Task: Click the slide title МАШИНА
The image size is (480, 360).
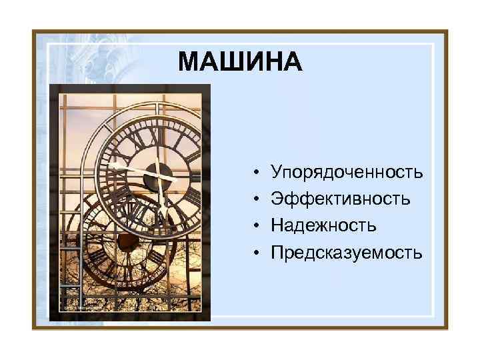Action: [x=240, y=63]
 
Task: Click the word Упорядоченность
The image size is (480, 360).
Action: [x=347, y=173]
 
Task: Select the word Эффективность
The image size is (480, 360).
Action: [x=341, y=199]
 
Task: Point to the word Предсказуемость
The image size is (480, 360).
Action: [x=347, y=253]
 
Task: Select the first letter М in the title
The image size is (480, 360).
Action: [x=187, y=63]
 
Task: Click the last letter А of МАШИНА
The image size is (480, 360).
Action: [x=293, y=63]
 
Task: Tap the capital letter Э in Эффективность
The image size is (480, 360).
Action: [x=277, y=199]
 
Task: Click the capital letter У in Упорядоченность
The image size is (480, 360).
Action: [x=277, y=173]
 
